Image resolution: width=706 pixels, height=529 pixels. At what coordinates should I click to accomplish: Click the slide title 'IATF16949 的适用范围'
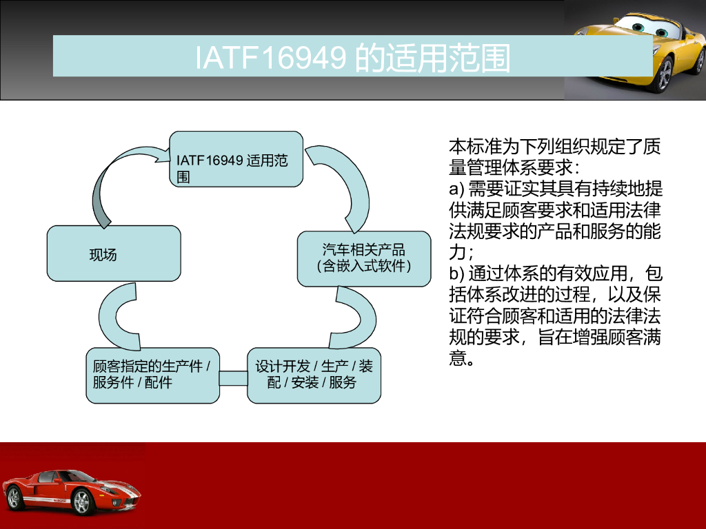point(352,58)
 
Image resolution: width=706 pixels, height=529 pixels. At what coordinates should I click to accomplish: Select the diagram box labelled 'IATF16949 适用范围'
point(236,159)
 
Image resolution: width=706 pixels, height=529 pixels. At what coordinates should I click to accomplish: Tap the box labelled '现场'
point(114,253)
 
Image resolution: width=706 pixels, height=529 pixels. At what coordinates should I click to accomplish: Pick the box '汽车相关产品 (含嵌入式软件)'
point(364,259)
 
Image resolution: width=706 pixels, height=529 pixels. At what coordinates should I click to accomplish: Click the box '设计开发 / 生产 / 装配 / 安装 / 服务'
point(314,375)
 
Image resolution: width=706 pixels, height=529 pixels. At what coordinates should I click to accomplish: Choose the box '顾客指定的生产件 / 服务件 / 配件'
point(152,375)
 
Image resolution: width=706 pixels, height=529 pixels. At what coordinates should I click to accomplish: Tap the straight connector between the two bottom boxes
point(233,378)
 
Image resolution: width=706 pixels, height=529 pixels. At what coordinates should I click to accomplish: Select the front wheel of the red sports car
point(81,501)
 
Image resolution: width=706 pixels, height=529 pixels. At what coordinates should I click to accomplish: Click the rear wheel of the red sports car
point(14,497)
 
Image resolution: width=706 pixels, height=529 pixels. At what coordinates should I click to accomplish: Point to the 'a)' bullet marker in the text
point(456,189)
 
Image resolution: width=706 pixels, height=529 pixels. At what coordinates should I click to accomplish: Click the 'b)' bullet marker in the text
point(456,273)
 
